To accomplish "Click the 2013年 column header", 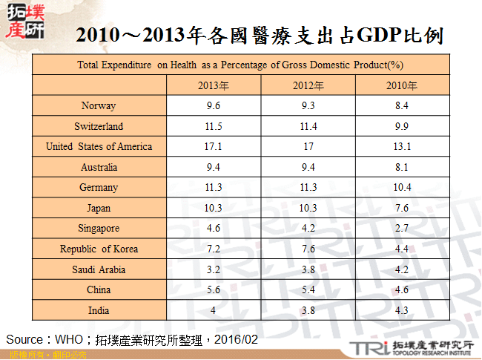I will point(213,85).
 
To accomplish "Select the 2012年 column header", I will point(308,85).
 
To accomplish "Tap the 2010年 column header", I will point(402,85).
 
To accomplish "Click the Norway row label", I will point(99,106).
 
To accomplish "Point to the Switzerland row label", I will point(99,126).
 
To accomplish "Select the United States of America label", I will point(99,147).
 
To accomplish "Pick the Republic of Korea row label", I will point(99,249).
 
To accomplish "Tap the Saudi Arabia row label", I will point(99,269).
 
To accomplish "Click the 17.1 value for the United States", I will point(213,147).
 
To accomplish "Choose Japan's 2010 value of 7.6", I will point(402,209).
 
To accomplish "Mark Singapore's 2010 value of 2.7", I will point(402,229).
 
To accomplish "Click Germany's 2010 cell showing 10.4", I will point(402,188).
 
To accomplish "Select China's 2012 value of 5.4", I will point(308,290).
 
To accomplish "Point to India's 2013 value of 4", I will point(213,310).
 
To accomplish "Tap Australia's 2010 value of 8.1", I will point(402,168).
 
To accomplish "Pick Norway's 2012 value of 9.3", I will point(308,106).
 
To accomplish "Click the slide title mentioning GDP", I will point(260,34).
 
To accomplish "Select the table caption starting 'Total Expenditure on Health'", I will point(240,65).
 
